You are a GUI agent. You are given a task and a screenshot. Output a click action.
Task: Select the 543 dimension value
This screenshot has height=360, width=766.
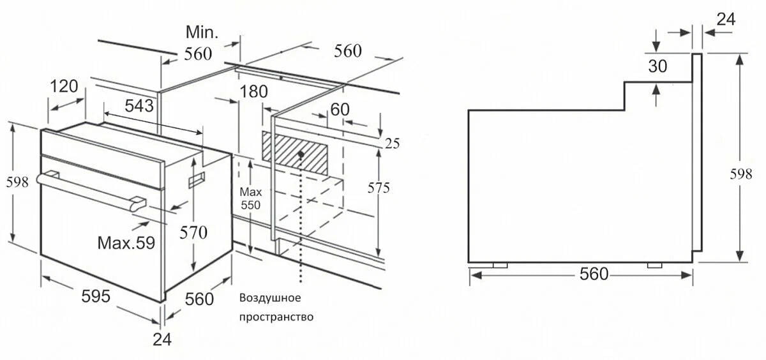[140, 106]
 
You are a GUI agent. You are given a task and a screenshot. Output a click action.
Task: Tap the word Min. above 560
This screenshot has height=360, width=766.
[202, 32]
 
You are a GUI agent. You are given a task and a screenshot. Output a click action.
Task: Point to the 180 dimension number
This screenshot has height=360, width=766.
[253, 91]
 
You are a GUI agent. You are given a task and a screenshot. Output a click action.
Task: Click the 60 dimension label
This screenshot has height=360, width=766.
[340, 109]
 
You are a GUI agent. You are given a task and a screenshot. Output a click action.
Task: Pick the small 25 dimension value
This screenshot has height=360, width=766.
[392, 144]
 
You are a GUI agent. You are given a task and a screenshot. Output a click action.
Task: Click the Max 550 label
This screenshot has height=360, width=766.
[250, 199]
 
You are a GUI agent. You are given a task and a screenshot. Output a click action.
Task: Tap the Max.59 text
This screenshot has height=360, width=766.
[126, 243]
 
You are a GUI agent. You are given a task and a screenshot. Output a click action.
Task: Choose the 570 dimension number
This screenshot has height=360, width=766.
[193, 234]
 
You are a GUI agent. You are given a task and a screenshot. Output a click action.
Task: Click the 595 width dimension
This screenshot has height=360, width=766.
[96, 296]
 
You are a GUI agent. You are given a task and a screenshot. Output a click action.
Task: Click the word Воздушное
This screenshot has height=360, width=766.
[269, 298]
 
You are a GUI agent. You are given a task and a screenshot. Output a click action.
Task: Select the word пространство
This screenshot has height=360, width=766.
[276, 317]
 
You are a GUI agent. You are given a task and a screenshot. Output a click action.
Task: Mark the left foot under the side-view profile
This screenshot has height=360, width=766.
[499, 265]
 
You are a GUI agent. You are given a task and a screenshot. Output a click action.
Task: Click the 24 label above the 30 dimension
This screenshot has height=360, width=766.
[726, 19]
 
